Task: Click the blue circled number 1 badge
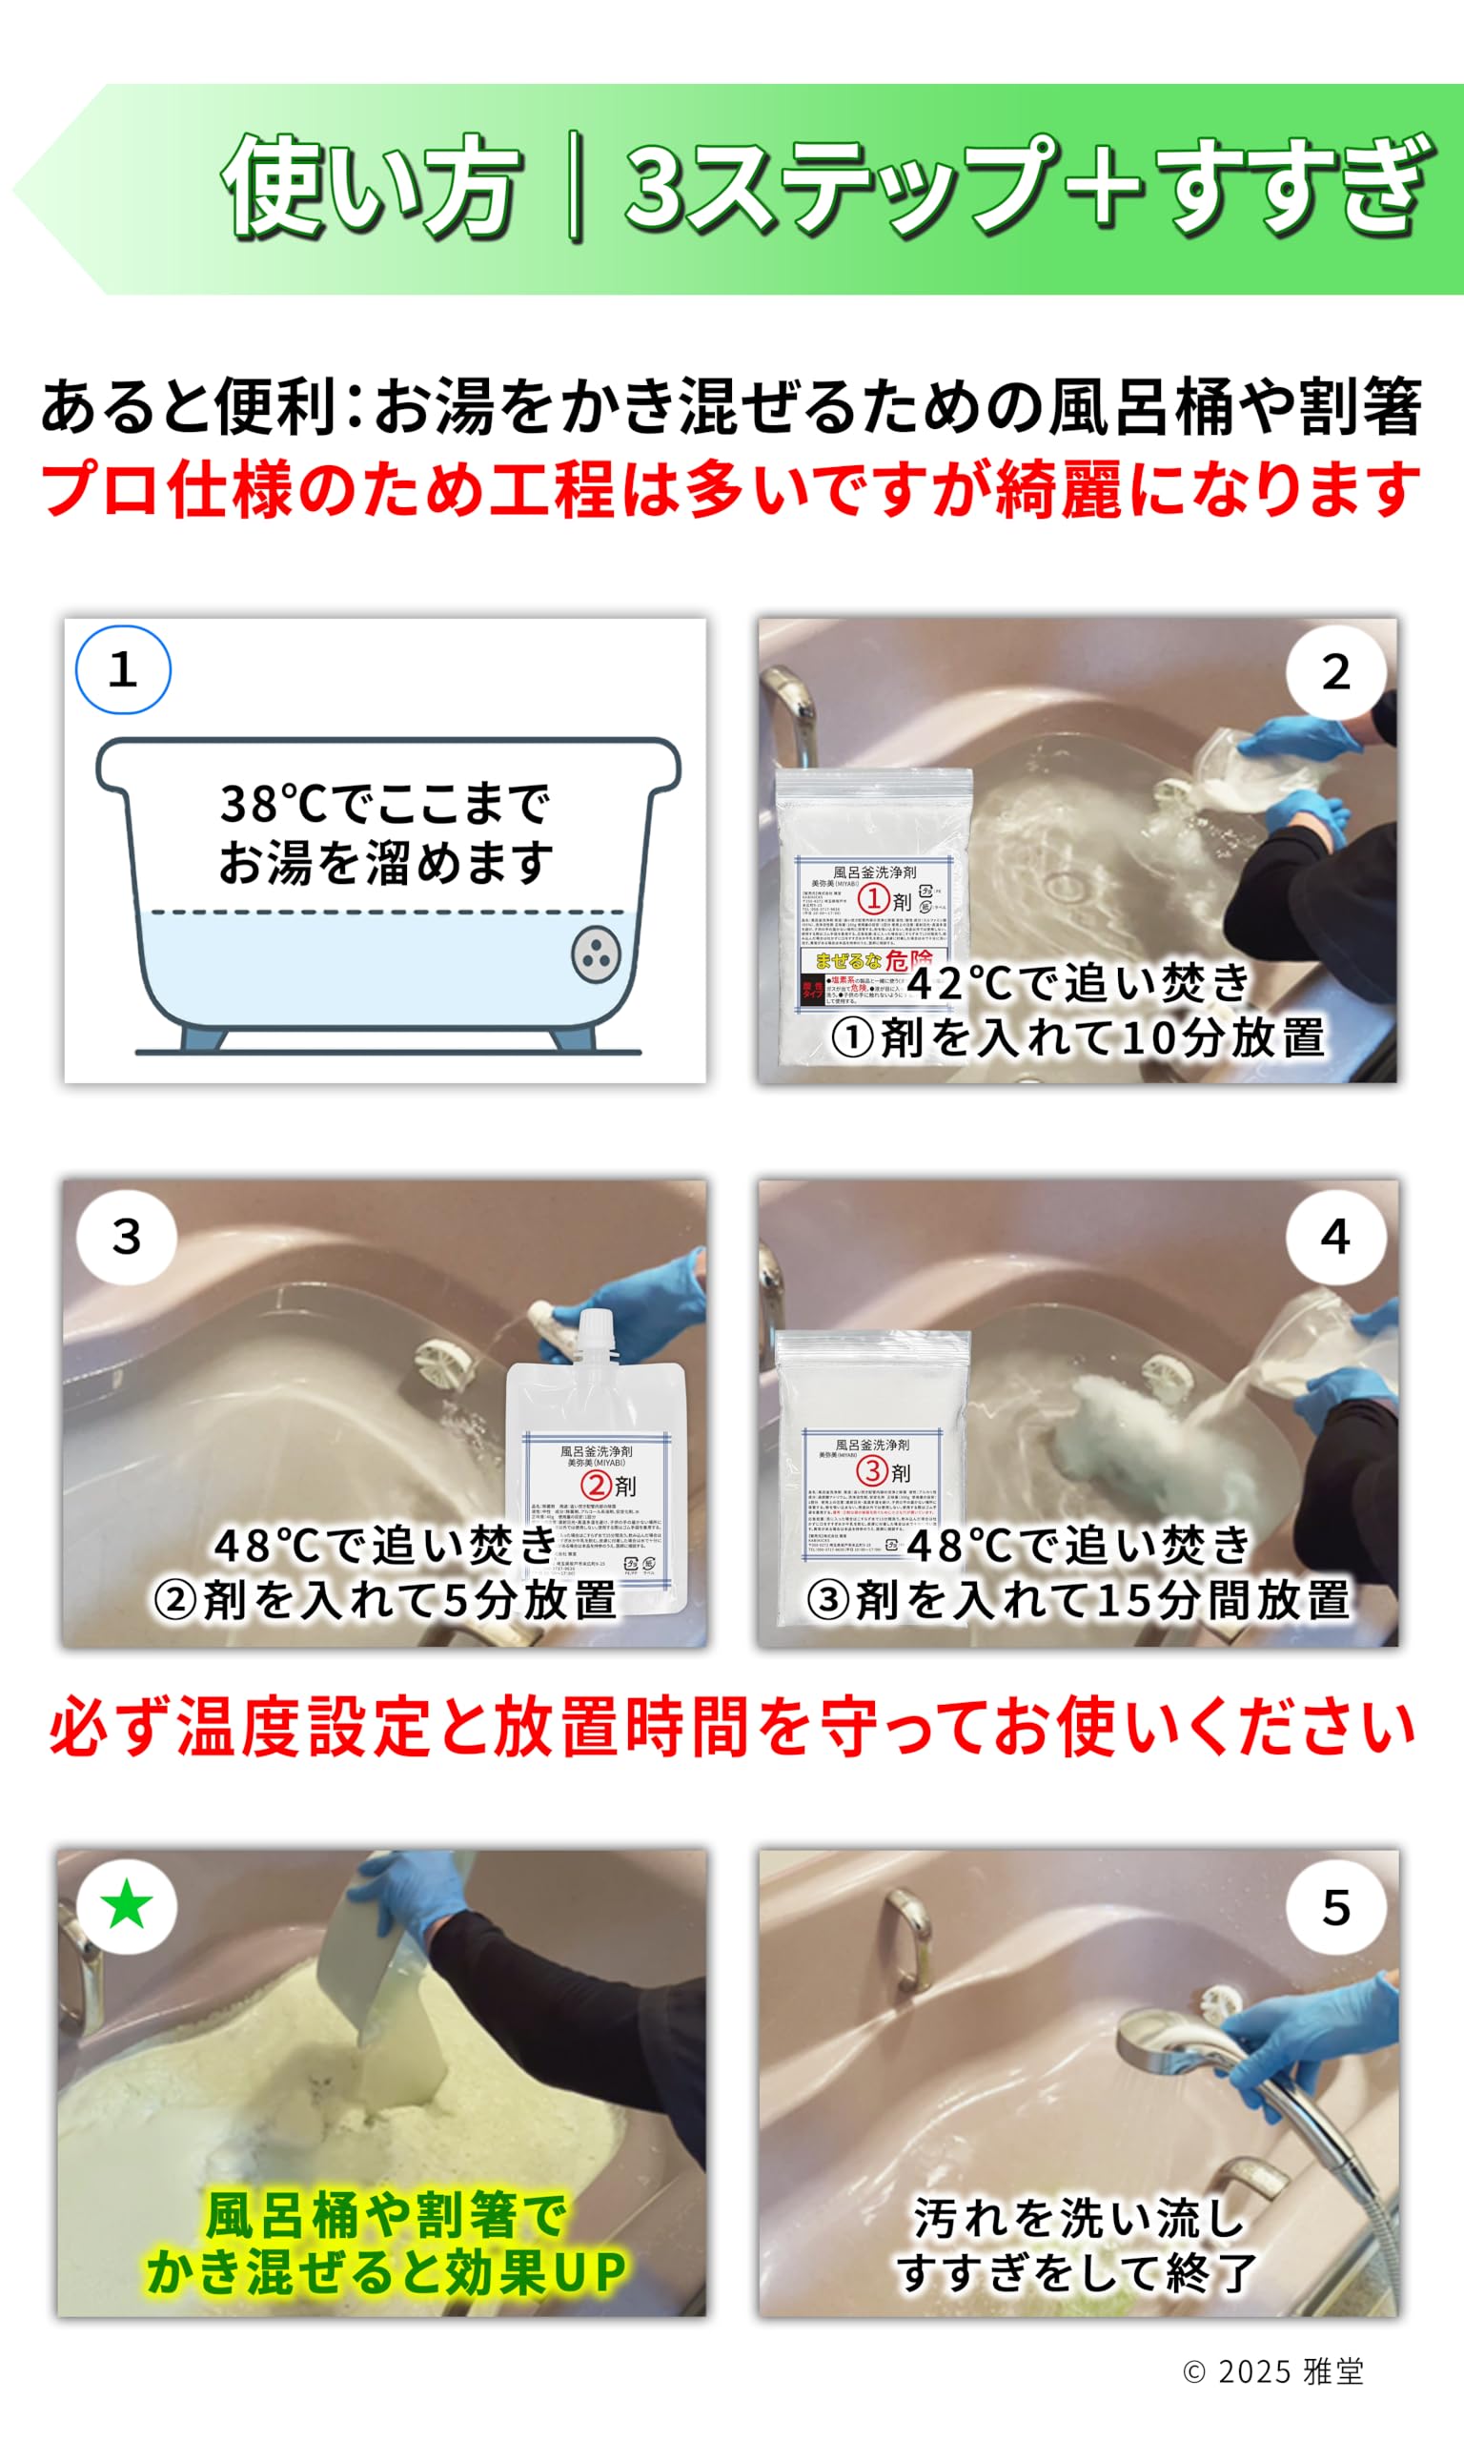pos(123,670)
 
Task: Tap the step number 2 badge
pos(1335,672)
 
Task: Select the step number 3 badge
pos(126,1237)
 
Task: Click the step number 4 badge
pos(1335,1237)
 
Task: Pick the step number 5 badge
pos(1335,1907)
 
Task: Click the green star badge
pos(126,1905)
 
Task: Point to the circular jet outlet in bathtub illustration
pos(596,954)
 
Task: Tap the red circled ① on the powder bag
pos(874,898)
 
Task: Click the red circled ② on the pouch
pos(596,1484)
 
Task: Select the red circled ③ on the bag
pos(872,1470)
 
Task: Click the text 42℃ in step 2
pos(961,983)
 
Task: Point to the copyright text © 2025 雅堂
pos(1272,2371)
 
